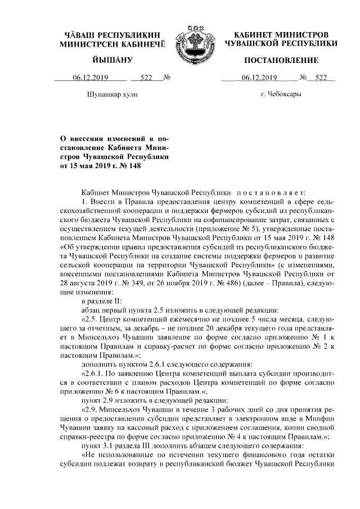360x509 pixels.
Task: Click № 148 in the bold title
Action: point(125,165)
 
